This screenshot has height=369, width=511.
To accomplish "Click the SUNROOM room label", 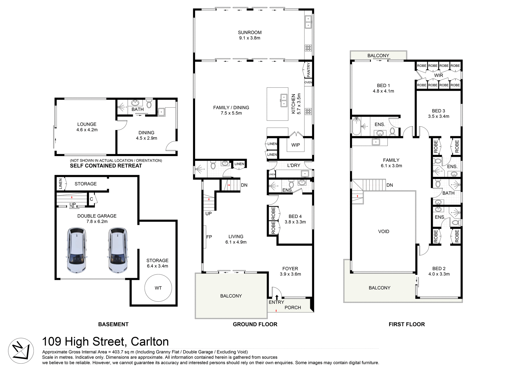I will [x=250, y=33].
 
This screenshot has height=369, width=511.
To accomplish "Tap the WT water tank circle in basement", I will [x=158, y=288].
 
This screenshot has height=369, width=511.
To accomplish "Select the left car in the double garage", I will [x=77, y=250].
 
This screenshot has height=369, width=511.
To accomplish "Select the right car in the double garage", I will [x=118, y=250].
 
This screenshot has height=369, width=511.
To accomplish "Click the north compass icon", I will [x=21, y=351].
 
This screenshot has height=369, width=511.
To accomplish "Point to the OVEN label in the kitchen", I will [x=308, y=82].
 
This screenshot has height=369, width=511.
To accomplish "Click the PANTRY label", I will [x=308, y=70].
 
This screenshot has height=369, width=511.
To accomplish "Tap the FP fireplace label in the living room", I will [x=209, y=237].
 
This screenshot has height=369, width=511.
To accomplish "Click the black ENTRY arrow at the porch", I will [x=277, y=297].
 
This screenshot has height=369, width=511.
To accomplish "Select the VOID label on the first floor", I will [x=384, y=232].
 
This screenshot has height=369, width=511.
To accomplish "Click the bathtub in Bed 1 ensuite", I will [x=356, y=126].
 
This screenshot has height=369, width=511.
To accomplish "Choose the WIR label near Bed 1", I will [x=438, y=75].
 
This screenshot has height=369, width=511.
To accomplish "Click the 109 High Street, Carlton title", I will [x=105, y=342].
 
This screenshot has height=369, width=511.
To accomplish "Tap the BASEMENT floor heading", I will [x=113, y=324].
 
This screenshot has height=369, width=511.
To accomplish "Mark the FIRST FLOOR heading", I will [x=407, y=324].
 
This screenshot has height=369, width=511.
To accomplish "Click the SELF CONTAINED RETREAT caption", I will [x=106, y=166].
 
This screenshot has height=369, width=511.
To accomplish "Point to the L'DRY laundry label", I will [x=294, y=165].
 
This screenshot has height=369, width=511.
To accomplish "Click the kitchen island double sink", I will [x=284, y=100].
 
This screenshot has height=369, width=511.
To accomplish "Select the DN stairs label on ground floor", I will [x=244, y=185].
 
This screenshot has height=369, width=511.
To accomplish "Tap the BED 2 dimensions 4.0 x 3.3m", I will [x=439, y=274].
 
